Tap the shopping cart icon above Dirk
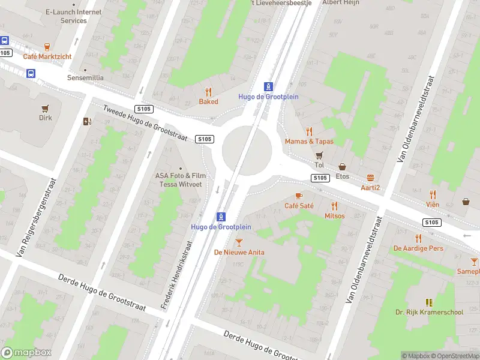45,108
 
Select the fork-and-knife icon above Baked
208,92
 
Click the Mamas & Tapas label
309,142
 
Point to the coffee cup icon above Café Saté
299,196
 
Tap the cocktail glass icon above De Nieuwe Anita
239,242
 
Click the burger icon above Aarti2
370,178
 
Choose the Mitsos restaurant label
334,216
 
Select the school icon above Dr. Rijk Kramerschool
428,302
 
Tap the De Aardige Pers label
418,248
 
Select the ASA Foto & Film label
180,176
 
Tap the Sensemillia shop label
85,78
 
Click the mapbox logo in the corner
26,353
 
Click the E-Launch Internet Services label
73,16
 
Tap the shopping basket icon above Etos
343,167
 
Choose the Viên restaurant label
433,205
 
